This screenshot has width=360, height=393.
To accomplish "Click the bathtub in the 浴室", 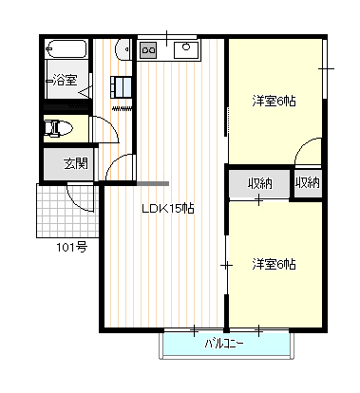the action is (x=66, y=49).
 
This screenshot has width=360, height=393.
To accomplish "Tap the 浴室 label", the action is (x=65, y=80).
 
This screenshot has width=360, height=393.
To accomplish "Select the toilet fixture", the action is (x=58, y=128).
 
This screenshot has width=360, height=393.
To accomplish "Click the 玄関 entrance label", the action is (x=76, y=163).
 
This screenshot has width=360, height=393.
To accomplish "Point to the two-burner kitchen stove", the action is (x=148, y=50).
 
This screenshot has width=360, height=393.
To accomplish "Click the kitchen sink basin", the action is (x=186, y=50).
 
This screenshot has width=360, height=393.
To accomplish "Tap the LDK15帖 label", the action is (x=168, y=209).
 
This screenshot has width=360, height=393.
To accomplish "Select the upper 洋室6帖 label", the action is (x=275, y=102).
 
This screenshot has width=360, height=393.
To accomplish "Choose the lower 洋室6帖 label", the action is (x=275, y=264).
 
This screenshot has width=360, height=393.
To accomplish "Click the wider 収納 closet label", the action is (x=259, y=183).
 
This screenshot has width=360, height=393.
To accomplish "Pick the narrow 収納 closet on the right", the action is (x=308, y=183).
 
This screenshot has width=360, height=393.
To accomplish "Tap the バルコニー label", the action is (x=224, y=344).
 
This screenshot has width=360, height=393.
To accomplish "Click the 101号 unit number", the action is (x=71, y=247).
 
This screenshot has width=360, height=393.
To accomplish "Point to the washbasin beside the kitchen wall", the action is (x=123, y=49).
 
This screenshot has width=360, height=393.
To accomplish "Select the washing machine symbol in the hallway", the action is (x=121, y=86).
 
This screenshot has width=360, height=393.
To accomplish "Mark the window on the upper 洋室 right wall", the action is (x=324, y=69).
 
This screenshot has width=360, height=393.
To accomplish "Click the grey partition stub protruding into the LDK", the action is (x=153, y=183).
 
